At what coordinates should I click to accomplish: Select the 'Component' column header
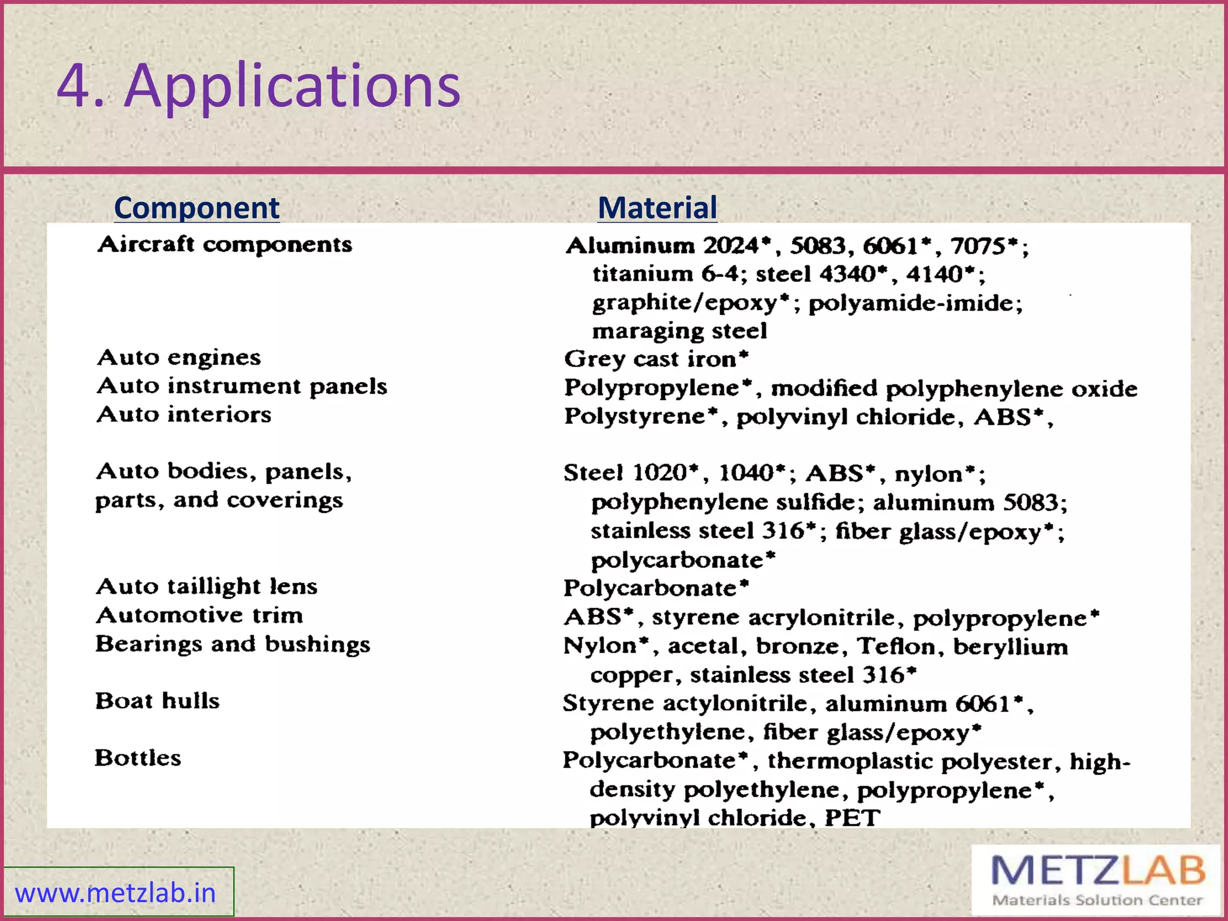tap(197, 208)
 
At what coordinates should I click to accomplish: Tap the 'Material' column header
tap(657, 208)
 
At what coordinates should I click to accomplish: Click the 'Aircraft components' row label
tap(225, 245)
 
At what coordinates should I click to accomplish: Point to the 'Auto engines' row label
tap(179, 357)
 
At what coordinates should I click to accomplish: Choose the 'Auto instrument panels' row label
tap(242, 386)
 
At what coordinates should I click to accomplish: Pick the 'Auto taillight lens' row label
tap(206, 586)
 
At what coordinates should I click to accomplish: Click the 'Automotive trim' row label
tap(199, 615)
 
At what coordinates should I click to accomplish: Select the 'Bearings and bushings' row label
tap(233, 644)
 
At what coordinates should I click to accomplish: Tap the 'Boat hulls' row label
tap(157, 701)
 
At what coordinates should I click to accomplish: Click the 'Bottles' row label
tap(138, 758)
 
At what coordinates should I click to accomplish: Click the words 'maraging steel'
tap(679, 331)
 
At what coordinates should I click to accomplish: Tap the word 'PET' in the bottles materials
tap(852, 818)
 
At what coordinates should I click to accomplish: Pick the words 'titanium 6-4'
tap(666, 275)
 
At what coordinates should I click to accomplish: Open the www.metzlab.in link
tap(115, 893)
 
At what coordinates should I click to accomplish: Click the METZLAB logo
tap(1097, 879)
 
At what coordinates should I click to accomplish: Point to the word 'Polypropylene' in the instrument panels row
tap(652, 389)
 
